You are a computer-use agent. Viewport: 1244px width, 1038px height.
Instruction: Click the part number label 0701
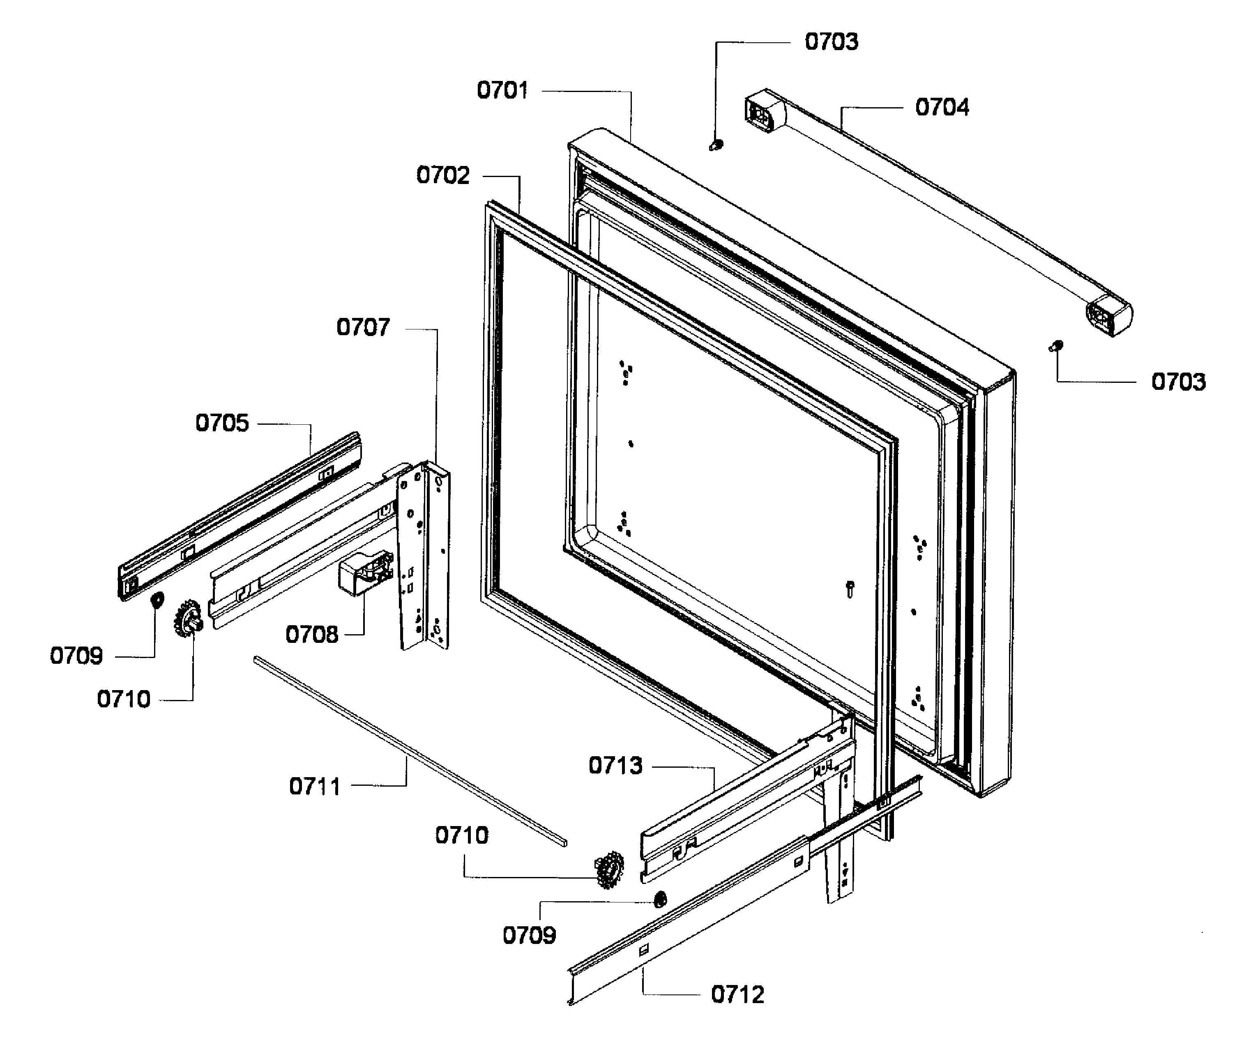tap(502, 91)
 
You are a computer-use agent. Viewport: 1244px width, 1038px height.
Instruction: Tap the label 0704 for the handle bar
tap(942, 107)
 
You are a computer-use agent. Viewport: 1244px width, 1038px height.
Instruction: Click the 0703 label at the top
tap(831, 42)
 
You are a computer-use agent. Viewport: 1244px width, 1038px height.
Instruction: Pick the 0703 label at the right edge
tap(1178, 382)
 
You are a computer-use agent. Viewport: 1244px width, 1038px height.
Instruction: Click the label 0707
tap(363, 327)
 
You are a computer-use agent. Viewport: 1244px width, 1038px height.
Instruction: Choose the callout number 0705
tap(222, 423)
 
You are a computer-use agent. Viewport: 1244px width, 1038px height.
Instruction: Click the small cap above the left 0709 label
tap(157, 601)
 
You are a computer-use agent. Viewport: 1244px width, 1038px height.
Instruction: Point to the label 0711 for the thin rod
tap(315, 787)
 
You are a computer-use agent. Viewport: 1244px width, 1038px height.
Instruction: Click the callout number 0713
tap(615, 766)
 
